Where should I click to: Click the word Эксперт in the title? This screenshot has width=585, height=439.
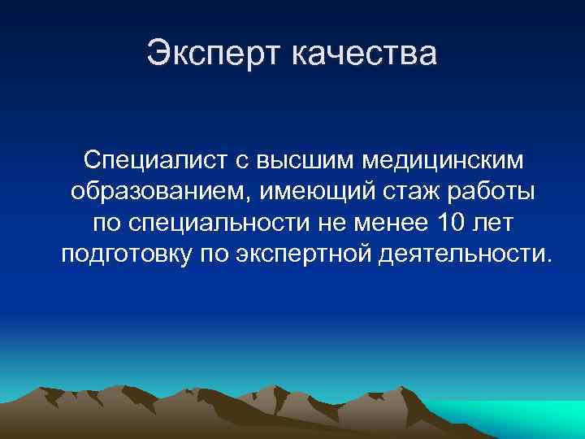[x=214, y=54]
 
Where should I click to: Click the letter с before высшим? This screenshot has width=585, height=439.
[x=241, y=161]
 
